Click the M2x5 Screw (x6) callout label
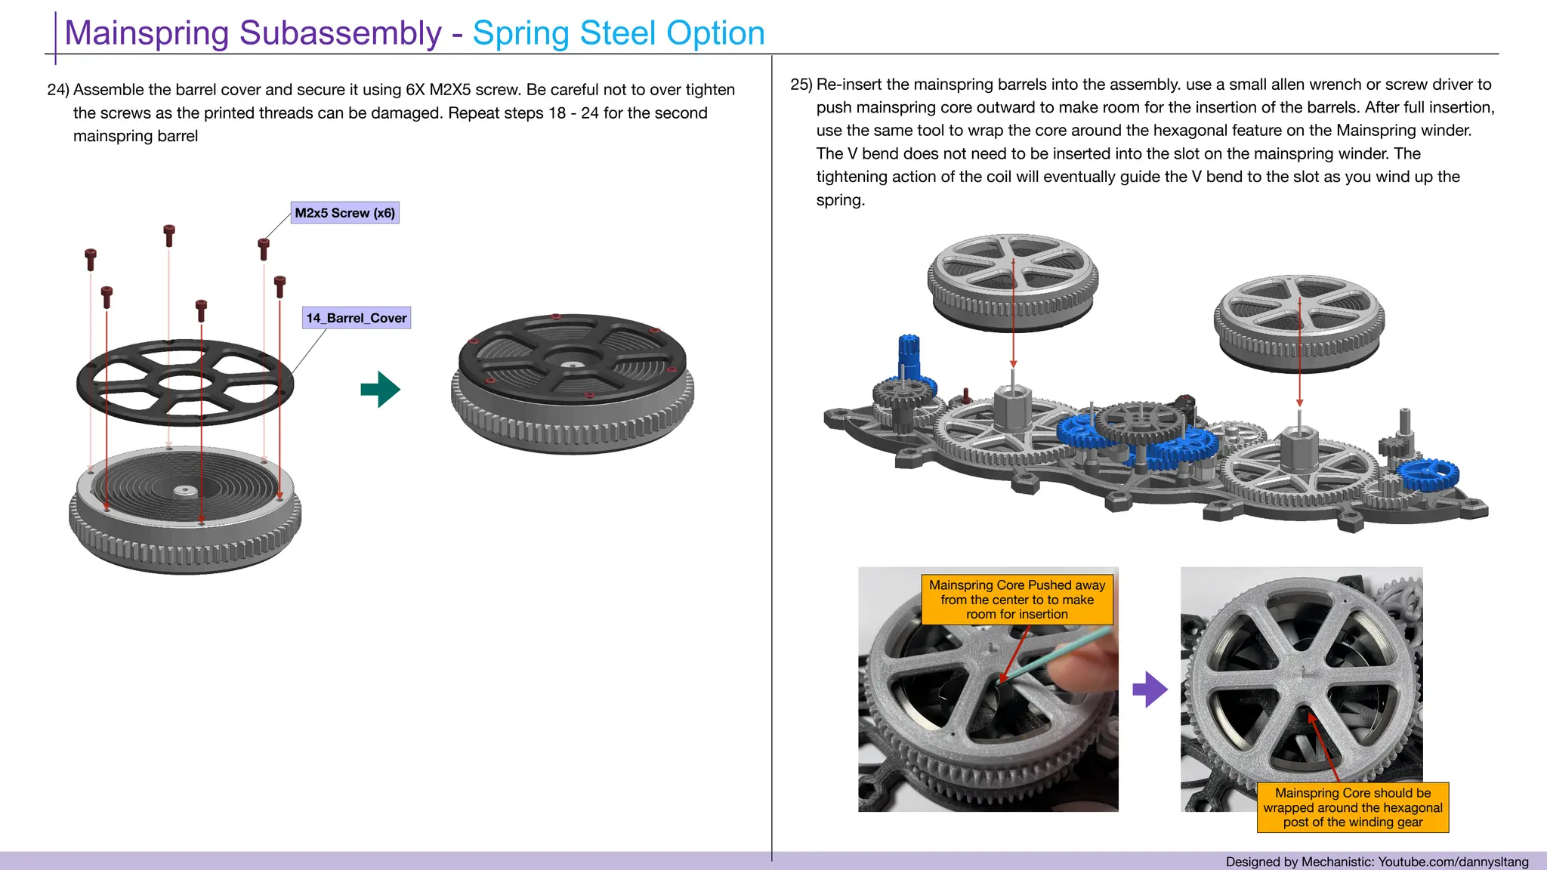tap(344, 213)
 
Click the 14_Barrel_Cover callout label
tap(356, 318)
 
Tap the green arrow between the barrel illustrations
tap(381, 390)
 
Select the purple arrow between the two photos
tap(1150, 689)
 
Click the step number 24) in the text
tap(58, 90)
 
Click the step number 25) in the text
tap(801, 85)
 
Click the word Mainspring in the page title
tap(147, 33)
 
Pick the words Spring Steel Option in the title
tap(618, 33)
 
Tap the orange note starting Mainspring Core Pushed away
tap(1017, 600)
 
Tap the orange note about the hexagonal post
tap(1352, 807)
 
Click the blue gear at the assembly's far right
tap(1428, 474)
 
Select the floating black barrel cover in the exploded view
tap(185, 382)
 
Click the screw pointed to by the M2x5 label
tap(264, 248)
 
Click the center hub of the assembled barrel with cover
tap(573, 366)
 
